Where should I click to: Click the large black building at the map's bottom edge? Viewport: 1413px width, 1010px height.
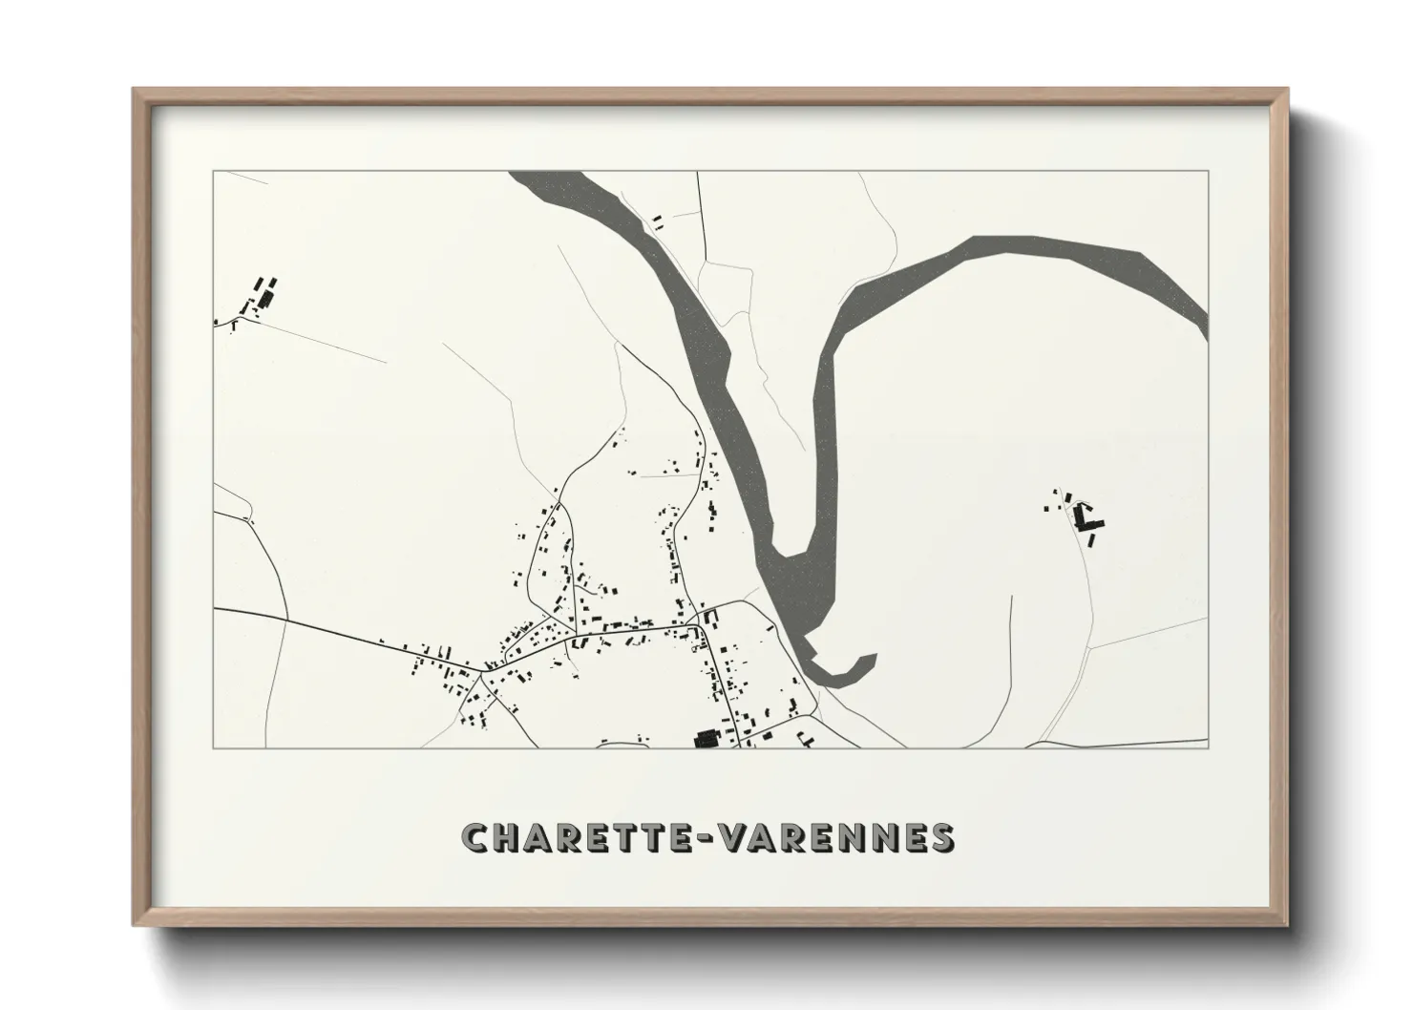pos(706,738)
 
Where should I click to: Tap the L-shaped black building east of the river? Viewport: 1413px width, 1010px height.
pos(1086,518)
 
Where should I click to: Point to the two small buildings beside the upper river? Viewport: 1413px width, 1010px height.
pos(657,222)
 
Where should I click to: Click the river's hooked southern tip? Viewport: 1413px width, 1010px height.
pos(850,673)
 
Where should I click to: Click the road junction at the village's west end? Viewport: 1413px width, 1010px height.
pos(482,670)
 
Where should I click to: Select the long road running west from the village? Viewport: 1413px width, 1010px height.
pos(344,634)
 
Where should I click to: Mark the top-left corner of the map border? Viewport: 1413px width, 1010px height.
pos(214,172)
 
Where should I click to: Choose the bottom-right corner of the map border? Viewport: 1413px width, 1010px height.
pos(1208,747)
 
